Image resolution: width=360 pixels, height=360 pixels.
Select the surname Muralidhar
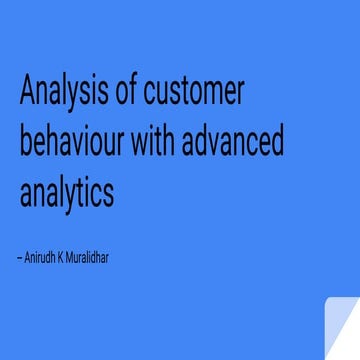(x=116, y=257)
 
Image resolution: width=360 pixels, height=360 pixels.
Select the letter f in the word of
(x=135, y=95)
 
